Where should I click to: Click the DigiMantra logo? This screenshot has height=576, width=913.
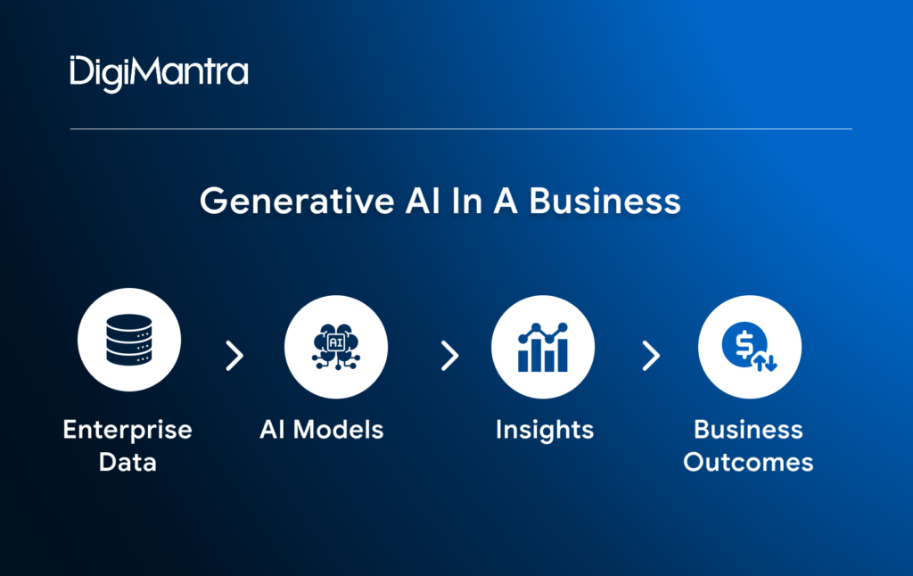(159, 71)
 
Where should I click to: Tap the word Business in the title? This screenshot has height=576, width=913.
(605, 201)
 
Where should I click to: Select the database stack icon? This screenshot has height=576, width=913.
(129, 340)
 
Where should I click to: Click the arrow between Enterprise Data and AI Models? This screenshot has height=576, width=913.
(234, 356)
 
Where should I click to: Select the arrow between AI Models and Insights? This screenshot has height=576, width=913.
(449, 356)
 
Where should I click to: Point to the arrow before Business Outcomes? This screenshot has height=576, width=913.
(652, 356)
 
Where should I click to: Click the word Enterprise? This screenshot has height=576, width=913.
(127, 430)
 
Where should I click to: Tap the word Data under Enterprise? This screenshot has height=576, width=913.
(127, 462)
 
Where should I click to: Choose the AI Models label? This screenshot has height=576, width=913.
(322, 430)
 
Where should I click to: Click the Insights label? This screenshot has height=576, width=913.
(544, 430)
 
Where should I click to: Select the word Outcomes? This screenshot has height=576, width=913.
(749, 462)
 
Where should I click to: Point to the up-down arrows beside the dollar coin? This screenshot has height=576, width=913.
(764, 361)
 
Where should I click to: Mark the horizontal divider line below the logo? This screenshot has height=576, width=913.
(461, 128)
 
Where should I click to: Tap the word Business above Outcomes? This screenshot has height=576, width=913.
(749, 430)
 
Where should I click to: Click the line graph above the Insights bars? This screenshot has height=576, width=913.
(543, 331)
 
